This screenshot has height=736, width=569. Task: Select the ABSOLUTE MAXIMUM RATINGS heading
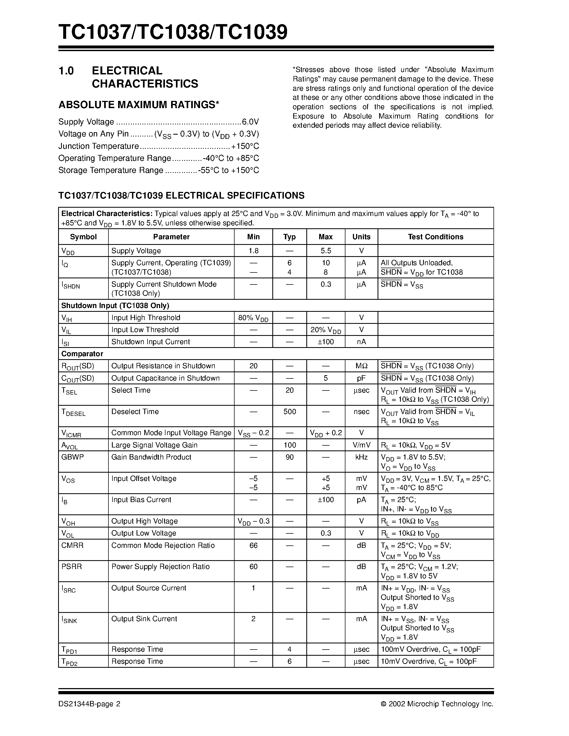point(138,105)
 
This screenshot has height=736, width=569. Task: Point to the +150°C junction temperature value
point(245,146)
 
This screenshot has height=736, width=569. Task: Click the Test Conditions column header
point(435,237)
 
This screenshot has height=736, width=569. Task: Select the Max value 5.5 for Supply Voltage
point(325,251)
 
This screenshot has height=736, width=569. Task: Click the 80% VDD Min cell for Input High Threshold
point(253,318)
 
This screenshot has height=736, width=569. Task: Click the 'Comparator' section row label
point(82,354)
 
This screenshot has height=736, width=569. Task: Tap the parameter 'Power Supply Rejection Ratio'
point(160,567)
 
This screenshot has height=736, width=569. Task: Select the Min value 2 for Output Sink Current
point(253,619)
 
